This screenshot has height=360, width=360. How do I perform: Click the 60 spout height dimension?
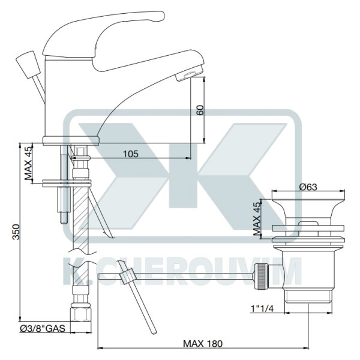tap(200, 110)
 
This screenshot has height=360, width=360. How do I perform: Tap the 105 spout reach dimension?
tap(131, 154)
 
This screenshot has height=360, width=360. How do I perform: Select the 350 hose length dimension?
tap(16, 232)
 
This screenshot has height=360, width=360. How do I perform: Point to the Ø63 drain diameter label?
tap(308, 187)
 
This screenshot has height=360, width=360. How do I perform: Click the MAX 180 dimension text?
tap(203, 344)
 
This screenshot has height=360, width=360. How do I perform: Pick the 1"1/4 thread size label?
tap(262, 309)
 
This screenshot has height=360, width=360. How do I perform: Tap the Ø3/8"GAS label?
tap(43, 329)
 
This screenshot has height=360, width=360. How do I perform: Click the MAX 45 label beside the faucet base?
tap(29, 163)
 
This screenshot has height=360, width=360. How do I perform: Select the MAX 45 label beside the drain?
tap(257, 218)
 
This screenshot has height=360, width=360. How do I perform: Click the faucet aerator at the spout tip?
tap(190, 73)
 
